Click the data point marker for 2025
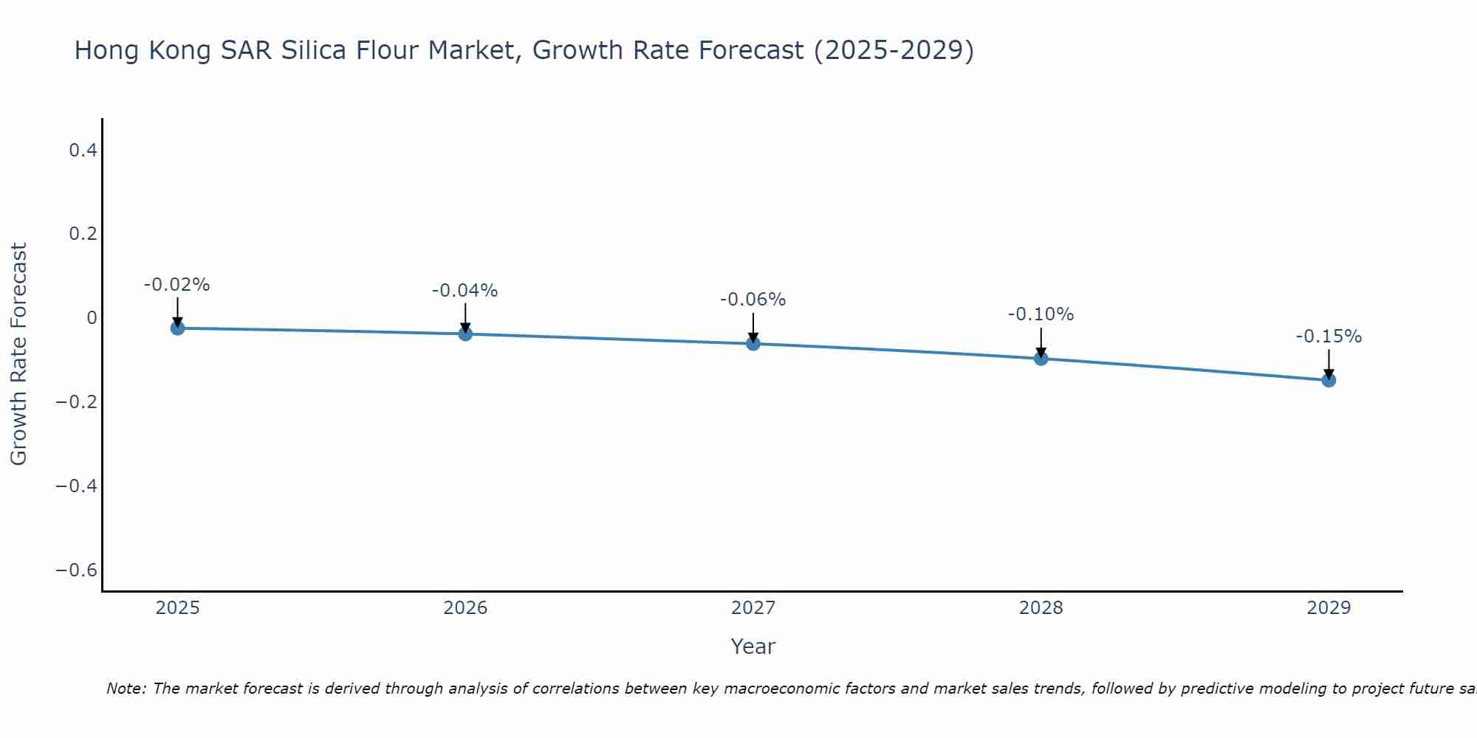[x=177, y=328]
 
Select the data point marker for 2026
[x=465, y=334]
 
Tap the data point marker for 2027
[x=753, y=343]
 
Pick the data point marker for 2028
[x=1041, y=359]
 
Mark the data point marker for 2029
[x=1329, y=380]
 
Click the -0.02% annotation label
[x=177, y=285]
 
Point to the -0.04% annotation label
[x=465, y=291]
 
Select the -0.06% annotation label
[x=753, y=300]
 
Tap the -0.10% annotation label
[x=1041, y=314]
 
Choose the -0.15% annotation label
[x=1329, y=337]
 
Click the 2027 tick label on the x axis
[x=753, y=608]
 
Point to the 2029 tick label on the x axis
[x=1329, y=608]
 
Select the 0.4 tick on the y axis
[x=83, y=151]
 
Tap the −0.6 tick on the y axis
[x=77, y=570]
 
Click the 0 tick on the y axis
[x=92, y=318]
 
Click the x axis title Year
[x=753, y=646]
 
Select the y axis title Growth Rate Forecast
[x=18, y=354]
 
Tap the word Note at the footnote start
[x=126, y=689]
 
